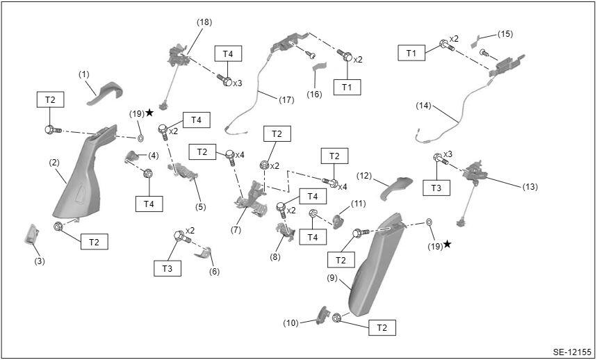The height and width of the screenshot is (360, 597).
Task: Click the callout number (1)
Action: [x=84, y=75]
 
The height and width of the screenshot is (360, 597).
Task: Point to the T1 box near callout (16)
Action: [x=347, y=87]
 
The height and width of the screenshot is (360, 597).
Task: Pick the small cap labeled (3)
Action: [x=31, y=234]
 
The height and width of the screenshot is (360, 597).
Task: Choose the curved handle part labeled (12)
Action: [x=395, y=188]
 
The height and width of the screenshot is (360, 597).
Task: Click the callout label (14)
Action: [x=423, y=106]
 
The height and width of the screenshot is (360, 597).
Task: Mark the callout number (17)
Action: [x=286, y=100]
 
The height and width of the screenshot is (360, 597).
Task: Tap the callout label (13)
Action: [x=530, y=187]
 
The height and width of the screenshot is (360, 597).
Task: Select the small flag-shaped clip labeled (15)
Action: [x=475, y=41]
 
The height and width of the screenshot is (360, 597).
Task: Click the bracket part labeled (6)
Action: [x=204, y=253]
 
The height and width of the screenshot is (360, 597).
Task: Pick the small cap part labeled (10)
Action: [x=322, y=316]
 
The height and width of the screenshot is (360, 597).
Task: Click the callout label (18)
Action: [x=204, y=22]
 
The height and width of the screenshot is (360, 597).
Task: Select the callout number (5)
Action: [x=201, y=207]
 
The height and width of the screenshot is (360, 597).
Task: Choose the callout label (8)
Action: [x=275, y=257]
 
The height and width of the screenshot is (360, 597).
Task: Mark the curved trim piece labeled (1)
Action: [x=106, y=92]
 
